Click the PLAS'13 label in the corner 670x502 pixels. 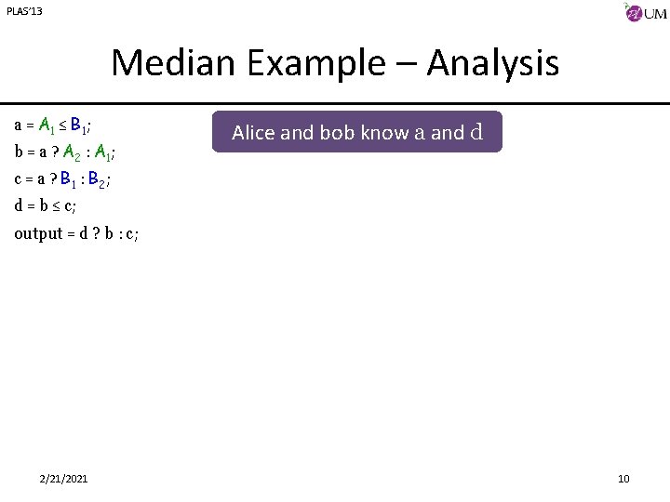tap(24, 11)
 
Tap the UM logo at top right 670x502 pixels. tap(645, 14)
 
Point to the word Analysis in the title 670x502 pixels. tap(493, 63)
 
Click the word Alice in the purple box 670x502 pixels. tap(253, 133)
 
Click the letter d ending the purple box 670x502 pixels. tap(476, 132)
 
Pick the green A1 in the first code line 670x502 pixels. tap(47, 125)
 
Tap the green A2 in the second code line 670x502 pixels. tap(72, 152)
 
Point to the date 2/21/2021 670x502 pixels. tap(64, 478)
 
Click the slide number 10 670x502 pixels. tap(623, 478)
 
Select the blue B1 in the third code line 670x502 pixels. tap(71, 178)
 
